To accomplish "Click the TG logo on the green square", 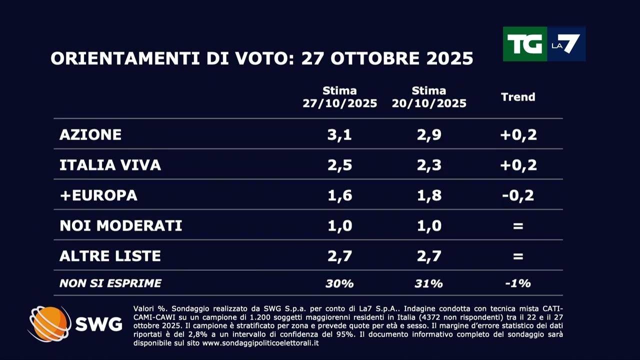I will [x=524, y=44].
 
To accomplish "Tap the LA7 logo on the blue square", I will [x=566, y=44].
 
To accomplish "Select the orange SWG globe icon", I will [x=49, y=324].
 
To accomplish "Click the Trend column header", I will [x=518, y=97].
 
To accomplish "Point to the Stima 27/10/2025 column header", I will [x=339, y=97].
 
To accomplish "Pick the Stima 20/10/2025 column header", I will [x=429, y=97].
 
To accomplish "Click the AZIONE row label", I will [x=90, y=134].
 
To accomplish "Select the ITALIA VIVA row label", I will [x=110, y=165].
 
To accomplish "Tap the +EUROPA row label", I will [x=98, y=195].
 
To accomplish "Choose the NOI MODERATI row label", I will [x=120, y=225].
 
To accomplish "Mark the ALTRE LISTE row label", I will [x=110, y=256].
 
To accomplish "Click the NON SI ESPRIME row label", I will [x=110, y=283].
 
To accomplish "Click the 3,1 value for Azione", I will [x=339, y=134].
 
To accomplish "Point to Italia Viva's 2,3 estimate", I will [x=429, y=165].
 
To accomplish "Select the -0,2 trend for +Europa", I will [x=518, y=195].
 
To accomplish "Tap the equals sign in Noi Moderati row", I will [x=518, y=226].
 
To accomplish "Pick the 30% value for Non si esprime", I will [x=339, y=283].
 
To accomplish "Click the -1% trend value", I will [x=518, y=283].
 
